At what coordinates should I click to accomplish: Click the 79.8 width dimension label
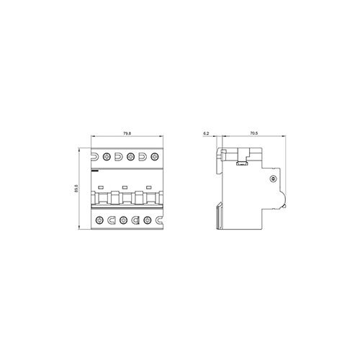[x=127, y=133]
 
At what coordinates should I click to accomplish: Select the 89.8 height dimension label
[x=76, y=189]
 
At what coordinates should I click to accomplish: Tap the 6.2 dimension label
[x=206, y=133]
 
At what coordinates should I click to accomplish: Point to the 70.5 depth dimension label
[x=253, y=133]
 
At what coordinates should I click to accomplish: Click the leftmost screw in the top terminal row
[x=106, y=157]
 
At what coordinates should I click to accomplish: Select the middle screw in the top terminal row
[x=130, y=157]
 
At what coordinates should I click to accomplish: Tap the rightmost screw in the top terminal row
[x=154, y=157]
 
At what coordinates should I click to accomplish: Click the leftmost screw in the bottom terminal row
[x=99, y=220]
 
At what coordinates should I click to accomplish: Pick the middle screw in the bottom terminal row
[x=123, y=220]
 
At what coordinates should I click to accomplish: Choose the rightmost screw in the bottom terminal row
[x=148, y=220]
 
